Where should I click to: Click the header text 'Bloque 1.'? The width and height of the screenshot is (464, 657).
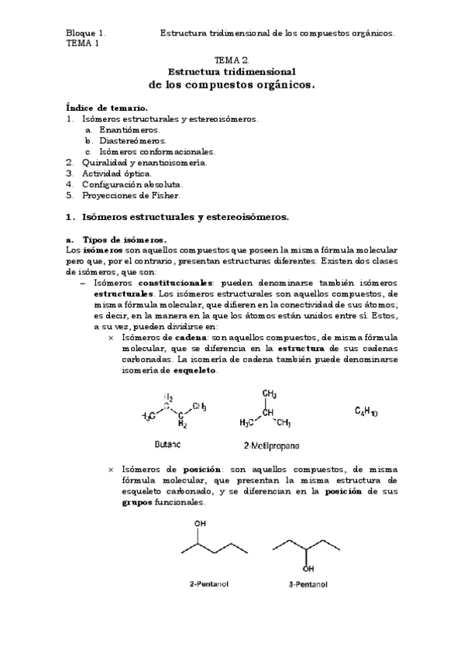[85, 33]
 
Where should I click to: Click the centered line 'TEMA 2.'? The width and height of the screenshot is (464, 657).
[232, 60]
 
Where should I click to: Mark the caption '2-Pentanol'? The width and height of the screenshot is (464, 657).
[211, 583]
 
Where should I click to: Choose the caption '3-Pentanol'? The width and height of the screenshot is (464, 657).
[308, 583]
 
